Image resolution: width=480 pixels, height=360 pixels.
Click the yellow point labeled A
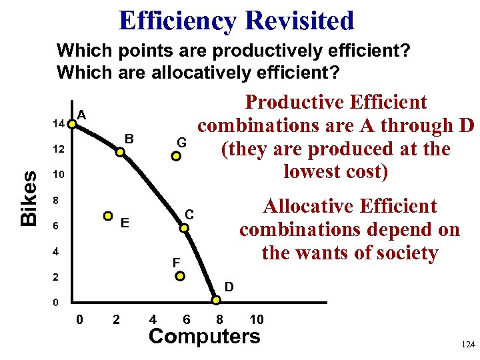[x=72, y=124]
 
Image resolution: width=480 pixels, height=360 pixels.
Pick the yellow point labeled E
[x=108, y=216]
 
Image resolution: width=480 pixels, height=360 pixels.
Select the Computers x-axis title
[x=205, y=336]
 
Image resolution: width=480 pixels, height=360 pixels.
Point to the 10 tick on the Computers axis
[x=256, y=319]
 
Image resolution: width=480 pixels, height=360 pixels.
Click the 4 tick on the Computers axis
[x=153, y=319]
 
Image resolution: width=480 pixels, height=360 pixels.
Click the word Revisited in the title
[x=299, y=21]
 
